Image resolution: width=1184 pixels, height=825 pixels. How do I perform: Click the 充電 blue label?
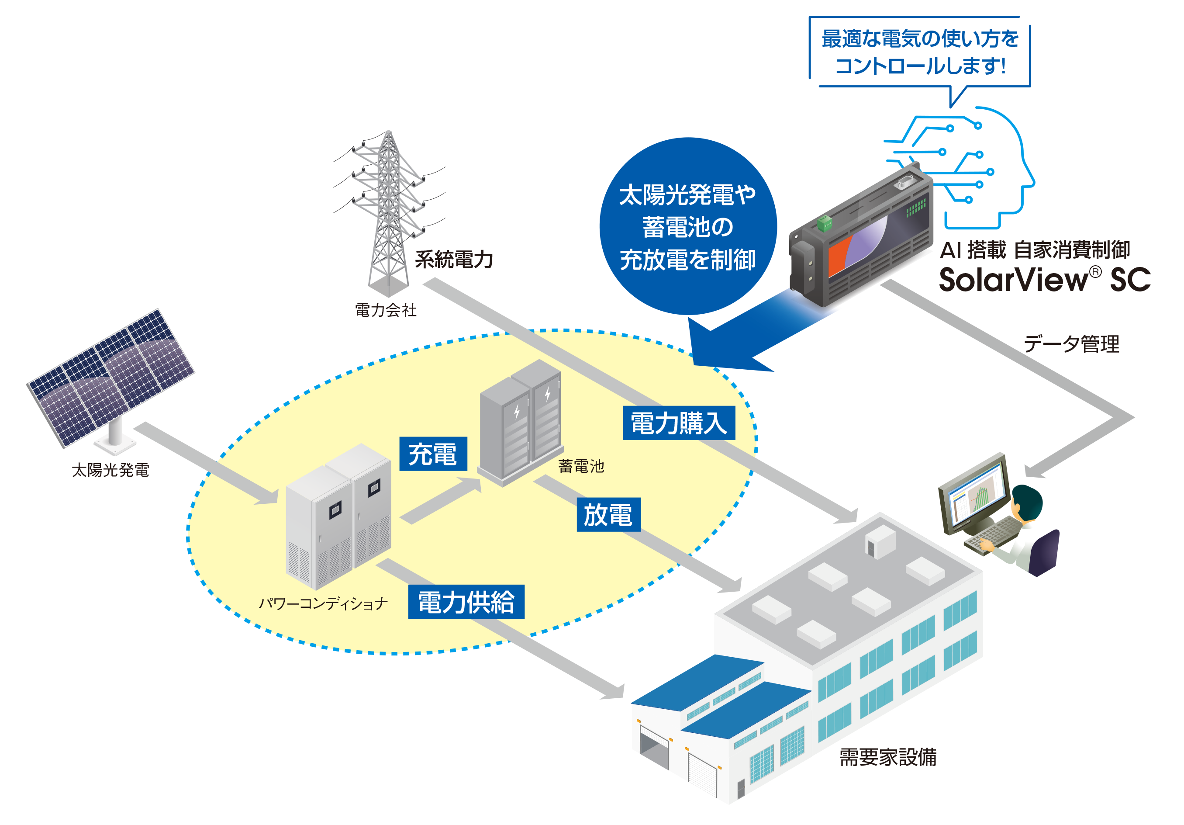coord(433,454)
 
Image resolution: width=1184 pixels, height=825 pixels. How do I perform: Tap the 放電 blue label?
coord(608,514)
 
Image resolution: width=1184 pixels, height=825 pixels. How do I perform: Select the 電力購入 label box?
coord(679,423)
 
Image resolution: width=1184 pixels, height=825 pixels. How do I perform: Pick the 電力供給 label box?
coord(466,602)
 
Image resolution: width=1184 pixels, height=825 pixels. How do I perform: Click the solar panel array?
coord(111,377)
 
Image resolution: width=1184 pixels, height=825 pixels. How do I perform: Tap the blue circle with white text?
coord(687,226)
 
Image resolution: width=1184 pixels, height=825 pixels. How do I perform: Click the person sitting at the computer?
coord(1026,531)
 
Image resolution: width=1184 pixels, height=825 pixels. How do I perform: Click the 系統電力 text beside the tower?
coord(454,260)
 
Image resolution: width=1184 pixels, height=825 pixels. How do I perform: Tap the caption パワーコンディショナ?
coord(323,603)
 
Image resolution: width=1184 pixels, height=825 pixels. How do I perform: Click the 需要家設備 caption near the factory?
coord(887,757)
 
